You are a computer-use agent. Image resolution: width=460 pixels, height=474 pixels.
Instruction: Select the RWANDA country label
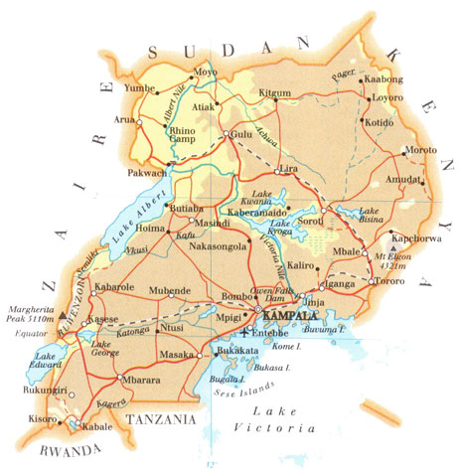(57, 451)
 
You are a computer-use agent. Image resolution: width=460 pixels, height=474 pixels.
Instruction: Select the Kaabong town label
(385, 79)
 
